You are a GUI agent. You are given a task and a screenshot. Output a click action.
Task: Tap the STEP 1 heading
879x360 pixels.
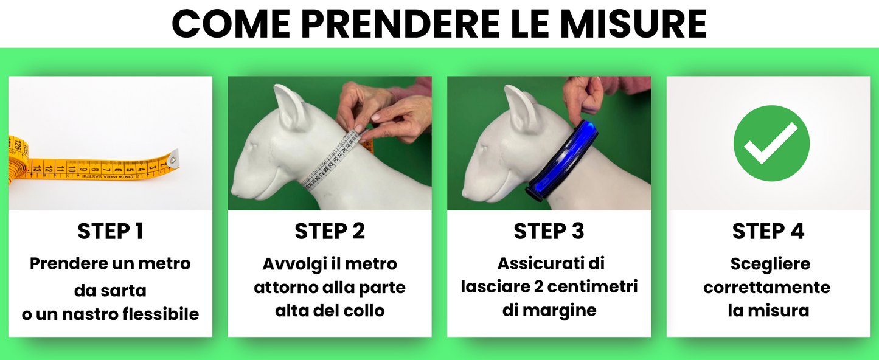pos(110,232)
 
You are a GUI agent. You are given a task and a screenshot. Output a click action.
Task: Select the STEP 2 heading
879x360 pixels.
pos(330,232)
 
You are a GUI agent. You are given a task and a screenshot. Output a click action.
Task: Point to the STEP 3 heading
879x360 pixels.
pos(549,232)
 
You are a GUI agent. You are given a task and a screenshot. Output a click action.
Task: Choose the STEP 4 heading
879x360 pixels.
pos(768,232)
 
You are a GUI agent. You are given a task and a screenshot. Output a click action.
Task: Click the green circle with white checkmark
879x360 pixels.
pos(771,143)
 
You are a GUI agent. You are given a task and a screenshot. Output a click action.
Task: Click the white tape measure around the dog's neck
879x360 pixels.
pos(335,161)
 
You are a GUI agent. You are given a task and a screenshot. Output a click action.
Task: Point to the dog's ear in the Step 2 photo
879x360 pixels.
pos(291,106)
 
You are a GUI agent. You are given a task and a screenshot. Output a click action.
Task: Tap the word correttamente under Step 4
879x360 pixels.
pos(767,287)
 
